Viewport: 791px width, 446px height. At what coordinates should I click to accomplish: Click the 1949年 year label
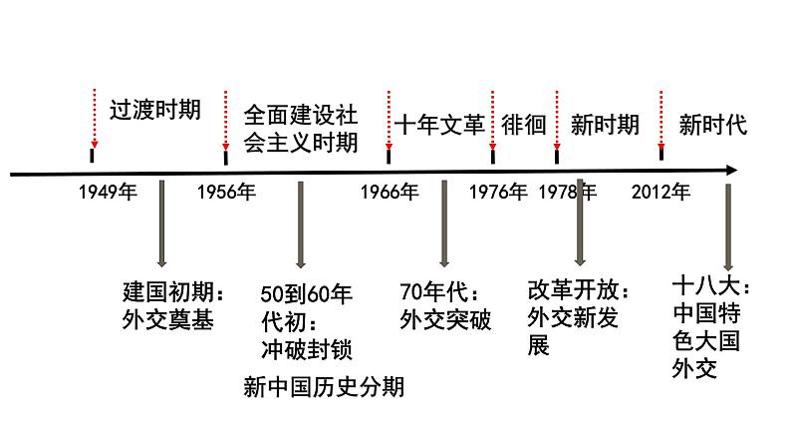coord(107,193)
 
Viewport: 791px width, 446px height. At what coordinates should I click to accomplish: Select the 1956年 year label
coord(226,193)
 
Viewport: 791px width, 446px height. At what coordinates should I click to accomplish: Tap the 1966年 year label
coord(390,193)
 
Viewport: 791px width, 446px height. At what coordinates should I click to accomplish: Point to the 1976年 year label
coord(497,193)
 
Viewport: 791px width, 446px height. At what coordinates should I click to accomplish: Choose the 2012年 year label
coord(660,193)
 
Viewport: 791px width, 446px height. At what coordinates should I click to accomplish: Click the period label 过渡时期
coord(154,109)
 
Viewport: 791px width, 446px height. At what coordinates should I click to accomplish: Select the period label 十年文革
coord(439,125)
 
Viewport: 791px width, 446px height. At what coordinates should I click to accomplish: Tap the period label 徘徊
coord(524,125)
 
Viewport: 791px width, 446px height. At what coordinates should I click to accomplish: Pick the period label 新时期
coord(605,125)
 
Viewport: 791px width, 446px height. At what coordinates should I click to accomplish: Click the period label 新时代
coord(712,125)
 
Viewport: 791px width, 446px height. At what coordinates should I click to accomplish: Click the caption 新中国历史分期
coord(324,386)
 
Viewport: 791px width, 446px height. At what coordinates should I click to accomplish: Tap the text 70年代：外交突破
coord(444,306)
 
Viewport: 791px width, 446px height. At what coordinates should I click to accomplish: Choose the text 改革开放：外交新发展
coord(579,317)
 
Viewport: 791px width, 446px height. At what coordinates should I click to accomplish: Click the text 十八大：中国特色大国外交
coord(711,329)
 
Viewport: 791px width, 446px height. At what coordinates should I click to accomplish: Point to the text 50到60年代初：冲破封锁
coord(306,321)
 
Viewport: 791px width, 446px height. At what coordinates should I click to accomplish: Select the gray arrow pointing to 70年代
coord(443,224)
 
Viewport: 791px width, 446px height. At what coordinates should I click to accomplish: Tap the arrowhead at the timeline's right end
coord(731,171)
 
